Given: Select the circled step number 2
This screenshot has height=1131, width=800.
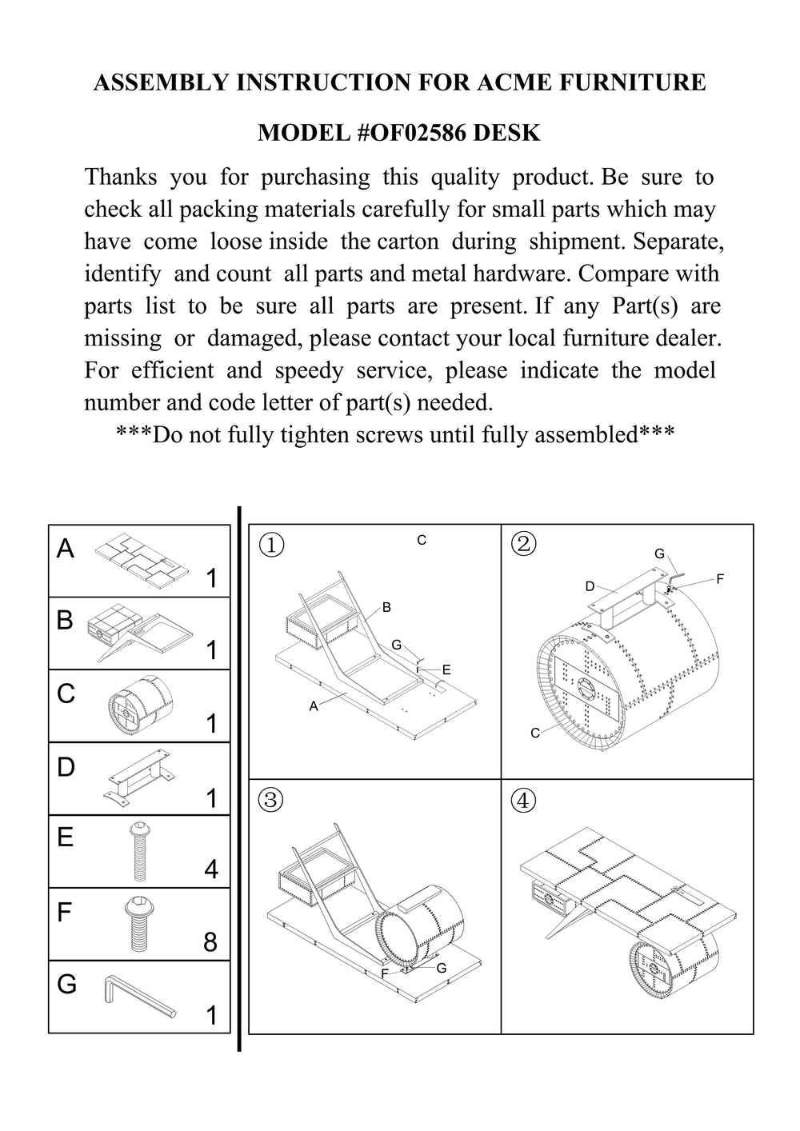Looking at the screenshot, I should click(x=523, y=544).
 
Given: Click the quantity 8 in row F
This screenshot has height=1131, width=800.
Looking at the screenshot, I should click(x=210, y=942).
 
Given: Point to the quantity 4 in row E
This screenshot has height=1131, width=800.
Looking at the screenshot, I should click(x=210, y=869).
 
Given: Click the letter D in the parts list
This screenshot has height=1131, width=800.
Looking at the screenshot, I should click(x=66, y=767).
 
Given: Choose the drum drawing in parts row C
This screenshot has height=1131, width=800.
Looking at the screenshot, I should click(x=140, y=704).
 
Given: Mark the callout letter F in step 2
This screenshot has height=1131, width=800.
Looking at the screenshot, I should click(x=720, y=578).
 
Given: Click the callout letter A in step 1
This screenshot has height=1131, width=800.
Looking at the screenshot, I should click(x=314, y=706).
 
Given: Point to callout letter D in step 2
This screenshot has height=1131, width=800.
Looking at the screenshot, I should click(x=590, y=586).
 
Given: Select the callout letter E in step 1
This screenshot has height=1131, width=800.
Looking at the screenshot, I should click(x=446, y=669).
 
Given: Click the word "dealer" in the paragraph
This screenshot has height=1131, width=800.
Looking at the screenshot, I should click(x=681, y=338).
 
